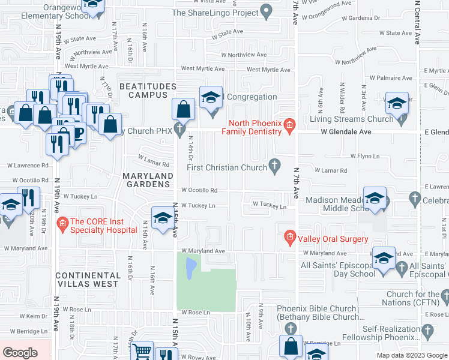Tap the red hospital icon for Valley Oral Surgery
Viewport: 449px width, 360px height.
tap(290, 238)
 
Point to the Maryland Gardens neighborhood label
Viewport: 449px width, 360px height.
tap(148, 179)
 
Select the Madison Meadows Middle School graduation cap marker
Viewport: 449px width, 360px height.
tap(375, 199)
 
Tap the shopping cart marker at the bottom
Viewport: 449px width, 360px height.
tap(142, 351)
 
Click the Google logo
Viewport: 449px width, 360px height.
tap(20, 353)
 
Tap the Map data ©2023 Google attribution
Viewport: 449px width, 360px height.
tap(412, 355)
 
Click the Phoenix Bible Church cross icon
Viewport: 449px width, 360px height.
tap(290, 329)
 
